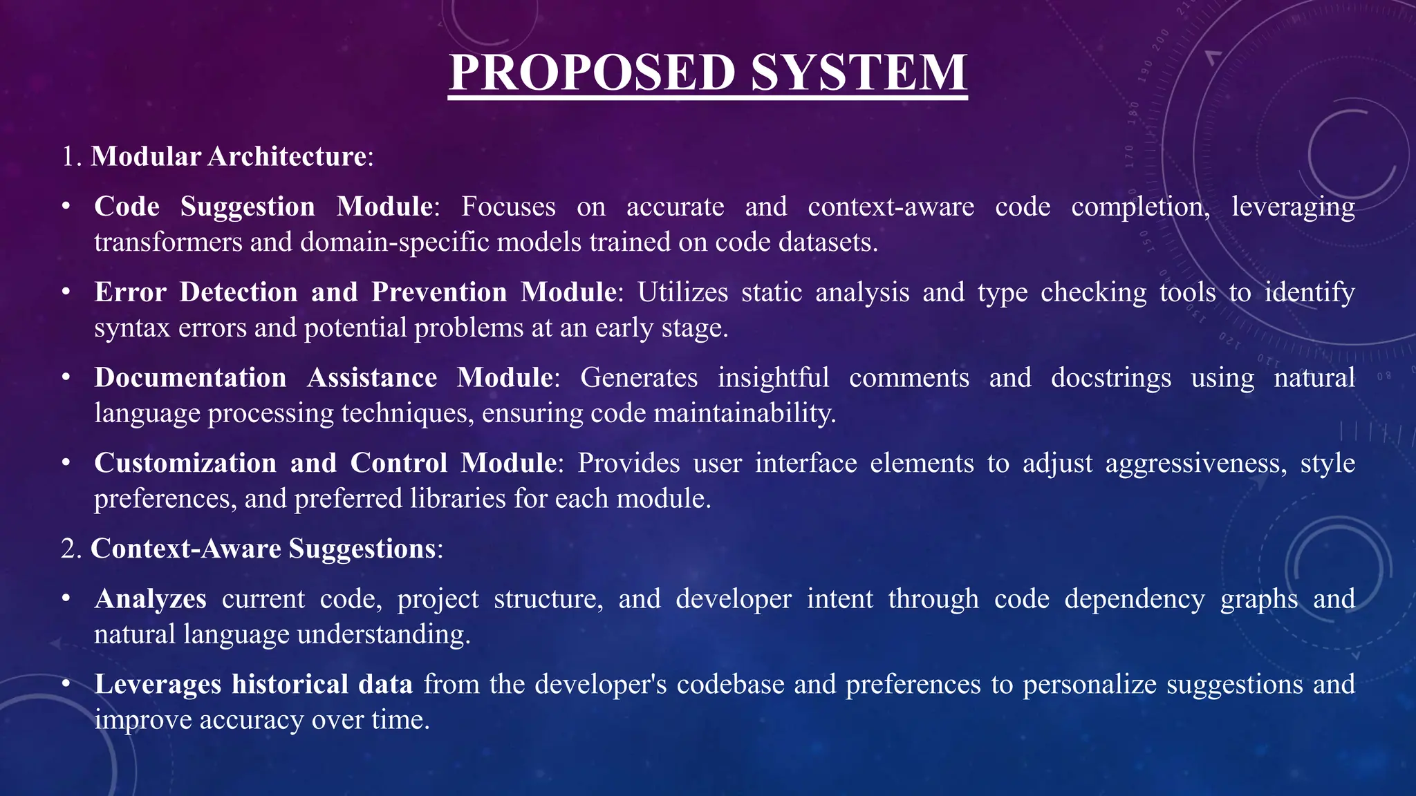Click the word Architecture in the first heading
pos(286,156)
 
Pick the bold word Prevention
pos(439,292)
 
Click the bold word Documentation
pos(190,378)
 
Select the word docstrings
pos(1110,378)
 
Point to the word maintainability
pos(745,413)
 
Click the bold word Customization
pos(185,463)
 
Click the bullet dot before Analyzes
pos(66,599)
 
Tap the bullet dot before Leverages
pos(66,684)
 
